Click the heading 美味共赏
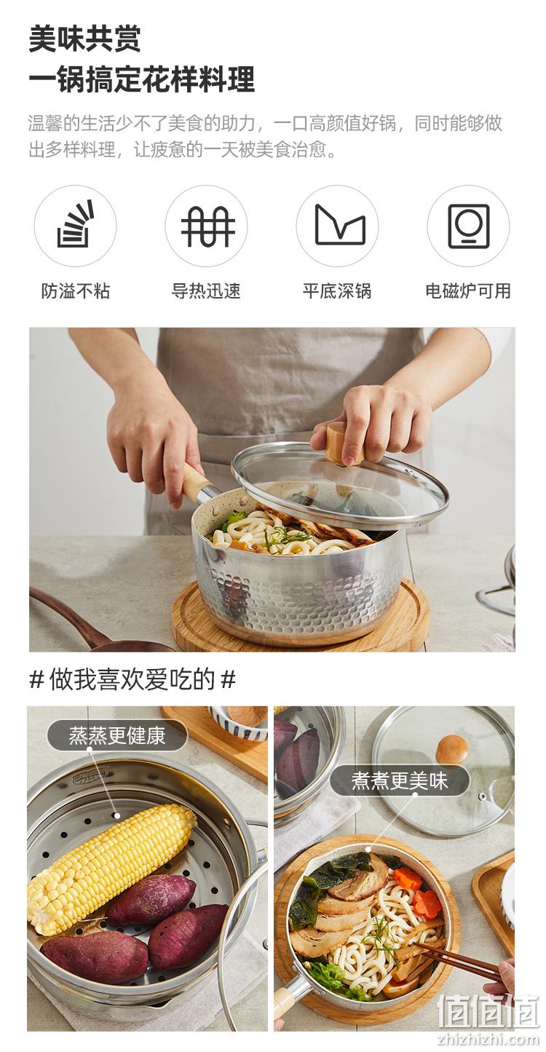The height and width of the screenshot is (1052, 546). tap(84, 39)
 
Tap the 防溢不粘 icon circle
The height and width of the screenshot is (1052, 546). tap(75, 226)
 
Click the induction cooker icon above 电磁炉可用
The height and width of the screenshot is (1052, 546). tap(469, 226)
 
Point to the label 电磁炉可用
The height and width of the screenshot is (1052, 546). tap(468, 291)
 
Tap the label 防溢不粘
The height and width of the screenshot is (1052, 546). tap(75, 291)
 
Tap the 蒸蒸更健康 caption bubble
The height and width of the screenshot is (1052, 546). tap(117, 735)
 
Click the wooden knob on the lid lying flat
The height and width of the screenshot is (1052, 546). tap(451, 748)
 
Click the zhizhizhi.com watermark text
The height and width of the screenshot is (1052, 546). tap(488, 1039)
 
